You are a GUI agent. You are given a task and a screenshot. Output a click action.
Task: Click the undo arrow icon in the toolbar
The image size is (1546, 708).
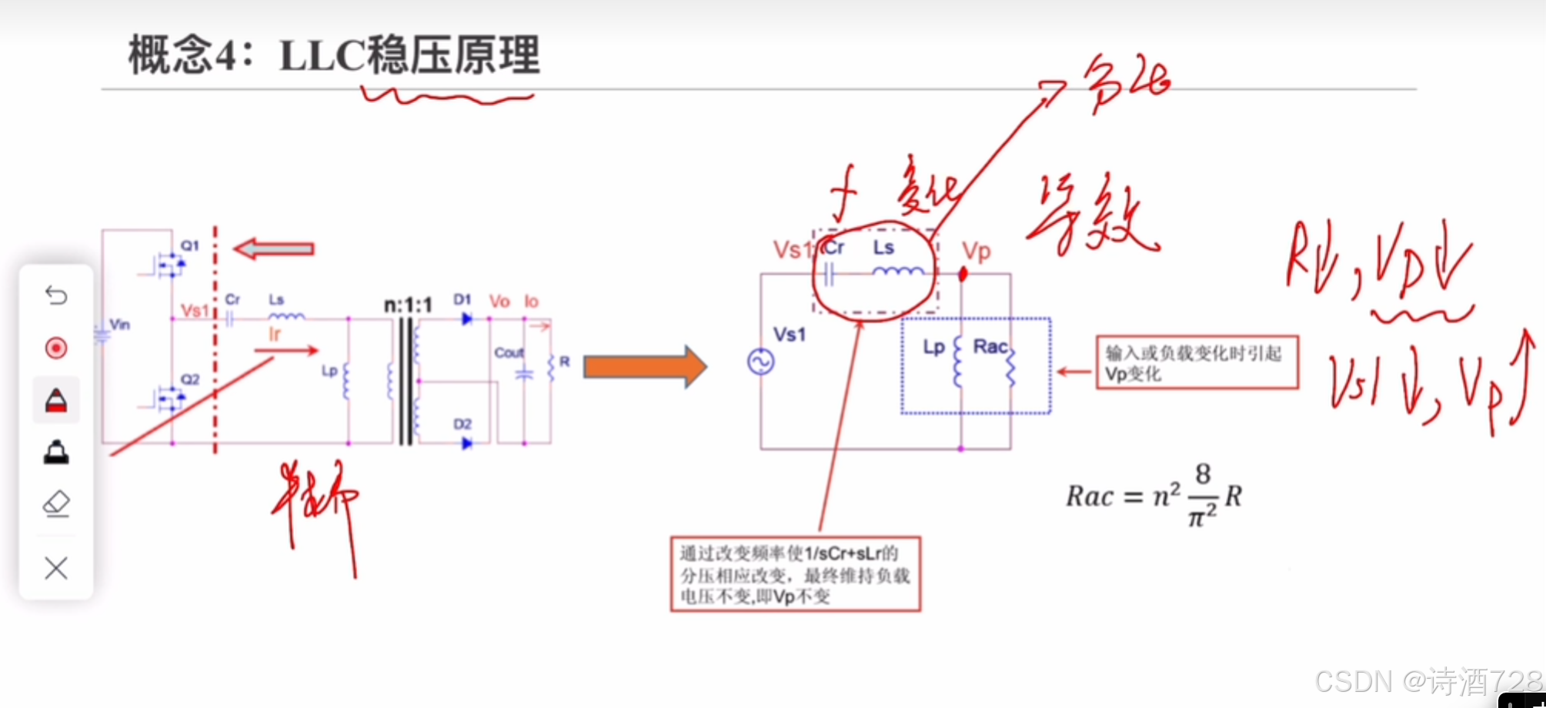[x=56, y=295]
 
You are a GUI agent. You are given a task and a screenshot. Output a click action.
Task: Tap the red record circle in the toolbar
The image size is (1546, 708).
[x=56, y=348]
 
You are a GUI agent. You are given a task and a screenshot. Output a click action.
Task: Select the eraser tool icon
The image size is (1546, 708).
[x=56, y=504]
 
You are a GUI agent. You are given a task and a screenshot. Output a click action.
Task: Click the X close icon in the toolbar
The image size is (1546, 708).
[x=56, y=569]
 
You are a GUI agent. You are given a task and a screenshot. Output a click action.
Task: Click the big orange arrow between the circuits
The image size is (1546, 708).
[x=645, y=367]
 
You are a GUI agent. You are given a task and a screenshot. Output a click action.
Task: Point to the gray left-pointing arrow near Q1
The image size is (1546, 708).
[x=274, y=249]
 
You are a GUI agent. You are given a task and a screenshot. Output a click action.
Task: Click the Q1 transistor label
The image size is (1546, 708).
[x=189, y=245]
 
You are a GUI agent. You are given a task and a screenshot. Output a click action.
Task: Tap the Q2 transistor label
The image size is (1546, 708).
[x=189, y=379]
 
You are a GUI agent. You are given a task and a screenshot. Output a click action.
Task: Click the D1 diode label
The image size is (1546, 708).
[x=462, y=299]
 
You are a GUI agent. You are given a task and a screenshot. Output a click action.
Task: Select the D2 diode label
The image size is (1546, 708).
[x=462, y=424]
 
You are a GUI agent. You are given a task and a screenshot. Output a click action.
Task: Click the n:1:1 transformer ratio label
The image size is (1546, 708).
[x=408, y=306]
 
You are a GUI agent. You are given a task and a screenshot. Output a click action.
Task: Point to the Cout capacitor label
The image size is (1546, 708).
[x=509, y=352]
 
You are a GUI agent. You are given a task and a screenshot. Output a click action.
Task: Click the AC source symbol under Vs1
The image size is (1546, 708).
[x=760, y=362]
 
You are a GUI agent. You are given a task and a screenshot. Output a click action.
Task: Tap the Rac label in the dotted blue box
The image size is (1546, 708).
[x=990, y=347]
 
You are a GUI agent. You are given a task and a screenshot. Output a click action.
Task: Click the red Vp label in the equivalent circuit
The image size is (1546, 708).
[x=977, y=251]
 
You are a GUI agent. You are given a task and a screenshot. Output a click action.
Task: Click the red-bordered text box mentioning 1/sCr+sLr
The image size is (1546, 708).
[x=795, y=574]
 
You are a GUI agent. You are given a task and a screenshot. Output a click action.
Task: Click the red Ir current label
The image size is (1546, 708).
[x=275, y=334]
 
